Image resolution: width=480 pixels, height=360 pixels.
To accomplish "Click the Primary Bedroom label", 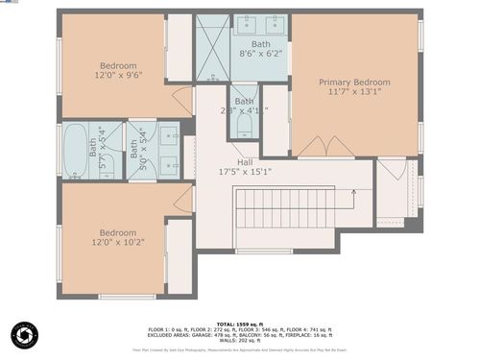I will click(x=354, y=83).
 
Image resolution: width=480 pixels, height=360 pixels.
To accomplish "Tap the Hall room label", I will click(x=245, y=162).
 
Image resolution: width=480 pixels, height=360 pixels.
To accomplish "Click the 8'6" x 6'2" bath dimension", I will click(x=260, y=55).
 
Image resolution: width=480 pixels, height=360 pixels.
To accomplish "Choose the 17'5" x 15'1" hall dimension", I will click(x=245, y=173).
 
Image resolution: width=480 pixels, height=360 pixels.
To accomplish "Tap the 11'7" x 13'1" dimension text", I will click(x=354, y=94).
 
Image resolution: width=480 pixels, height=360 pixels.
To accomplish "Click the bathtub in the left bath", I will click(x=77, y=150).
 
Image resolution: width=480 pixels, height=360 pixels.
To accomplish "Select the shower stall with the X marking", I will click(x=212, y=48).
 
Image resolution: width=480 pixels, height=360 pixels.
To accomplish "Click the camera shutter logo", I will click(x=24, y=335).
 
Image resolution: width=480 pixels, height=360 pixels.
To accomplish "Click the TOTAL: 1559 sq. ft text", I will click(x=239, y=324).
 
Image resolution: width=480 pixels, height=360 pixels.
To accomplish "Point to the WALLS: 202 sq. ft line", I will click(x=239, y=341).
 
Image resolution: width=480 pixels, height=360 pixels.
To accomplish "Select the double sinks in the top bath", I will click(x=260, y=24).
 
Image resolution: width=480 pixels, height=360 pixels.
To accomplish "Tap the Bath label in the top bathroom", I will click(x=260, y=44).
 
